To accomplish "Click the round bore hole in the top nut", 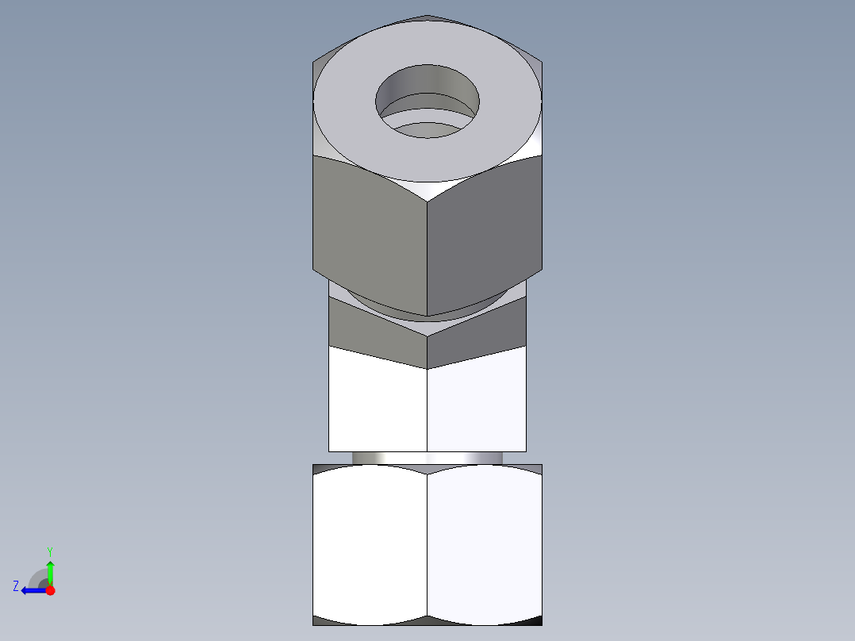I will pyautogui.click(x=427, y=99).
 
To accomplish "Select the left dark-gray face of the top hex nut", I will pyautogui.click(x=370, y=230).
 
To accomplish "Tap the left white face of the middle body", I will pyautogui.click(x=378, y=405).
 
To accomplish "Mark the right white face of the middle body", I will pyautogui.click(x=477, y=405).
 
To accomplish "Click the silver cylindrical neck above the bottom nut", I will pyautogui.click(x=427, y=458).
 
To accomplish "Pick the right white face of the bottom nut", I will pyautogui.click(x=485, y=543).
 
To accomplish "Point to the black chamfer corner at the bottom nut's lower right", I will pyautogui.click(x=533, y=620).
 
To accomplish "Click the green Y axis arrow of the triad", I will pyautogui.click(x=50, y=571).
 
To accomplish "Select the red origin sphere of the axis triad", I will pyautogui.click(x=50, y=590).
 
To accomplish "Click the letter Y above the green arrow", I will pyautogui.click(x=50, y=551).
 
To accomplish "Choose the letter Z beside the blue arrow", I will pyautogui.click(x=16, y=586).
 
